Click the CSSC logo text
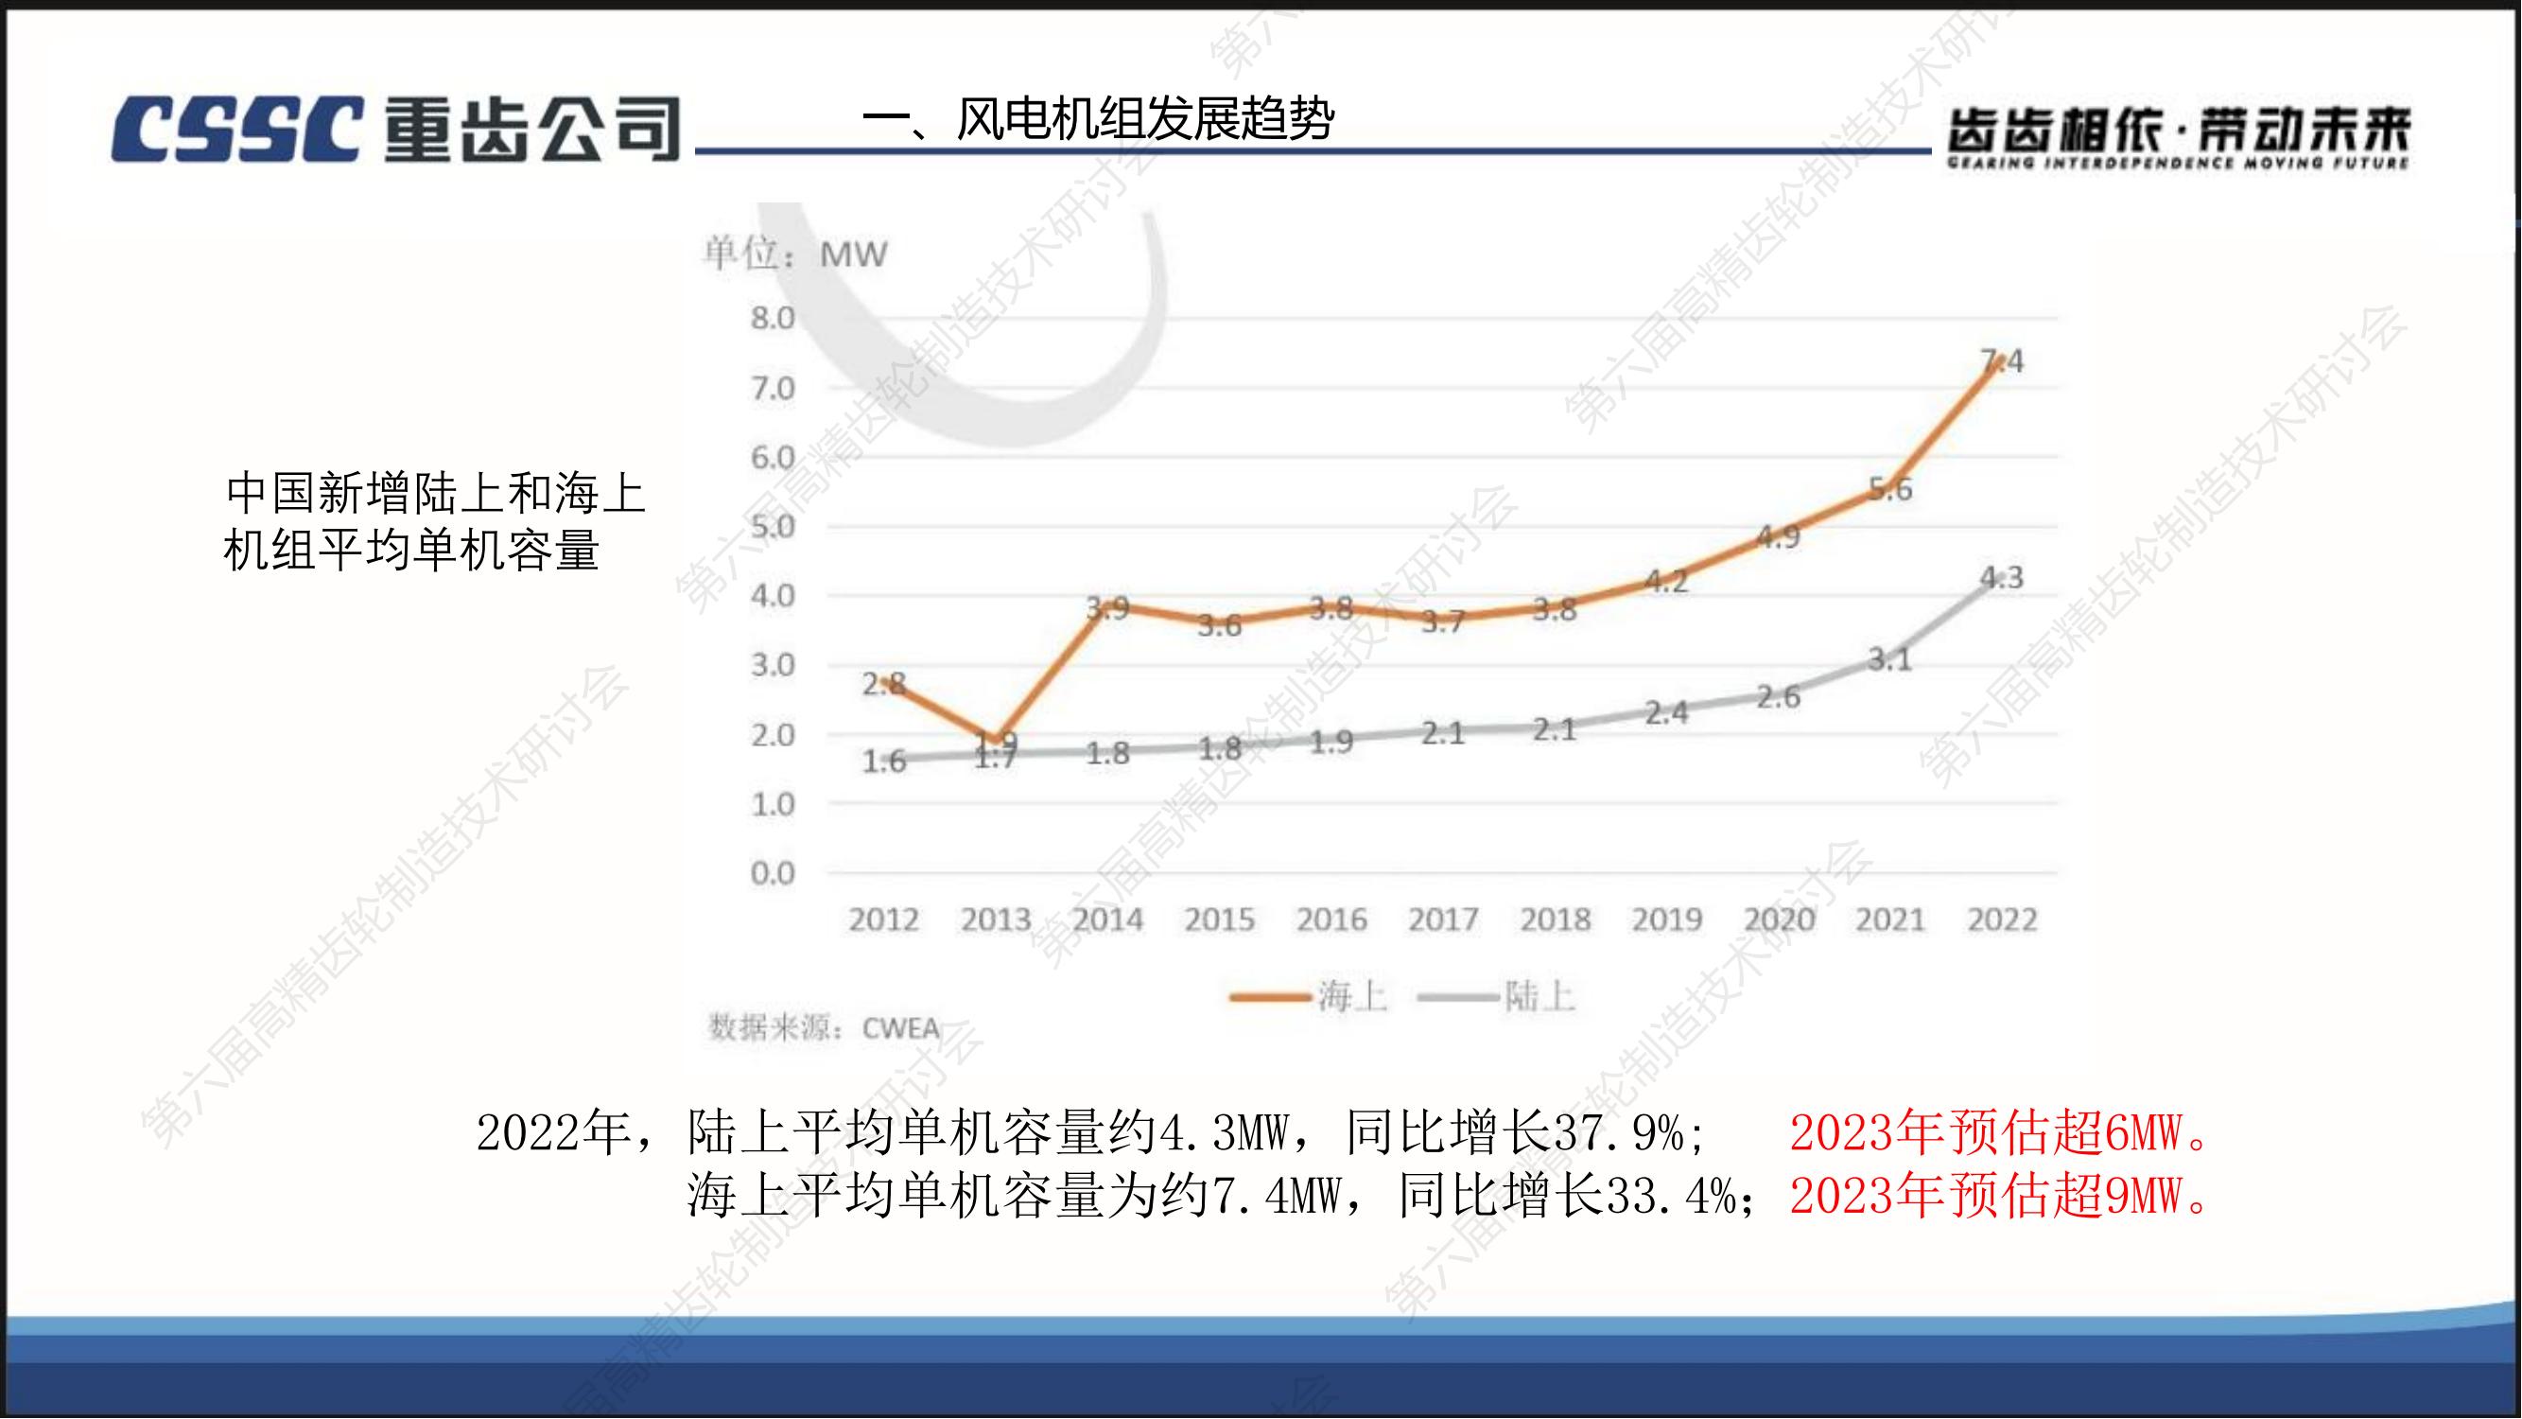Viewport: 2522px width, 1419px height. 235,129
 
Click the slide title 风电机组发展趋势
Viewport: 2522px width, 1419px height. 1098,120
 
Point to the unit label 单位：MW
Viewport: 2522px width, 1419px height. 795,254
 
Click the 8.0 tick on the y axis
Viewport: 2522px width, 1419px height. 773,318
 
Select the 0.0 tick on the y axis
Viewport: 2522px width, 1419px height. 773,872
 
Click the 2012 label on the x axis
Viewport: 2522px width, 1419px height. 883,920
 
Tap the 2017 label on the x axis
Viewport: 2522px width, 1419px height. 1443,920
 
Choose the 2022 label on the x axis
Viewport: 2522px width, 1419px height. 2002,920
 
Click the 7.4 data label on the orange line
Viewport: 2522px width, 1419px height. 2002,362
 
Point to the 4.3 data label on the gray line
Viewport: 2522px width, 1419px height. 2001,578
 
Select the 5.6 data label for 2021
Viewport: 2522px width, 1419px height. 1889,490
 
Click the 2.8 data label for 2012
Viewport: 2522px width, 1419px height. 883,684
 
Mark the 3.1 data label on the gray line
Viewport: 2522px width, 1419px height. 1889,660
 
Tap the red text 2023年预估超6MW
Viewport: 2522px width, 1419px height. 1997,1134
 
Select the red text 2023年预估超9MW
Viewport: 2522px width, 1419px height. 1997,1196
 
